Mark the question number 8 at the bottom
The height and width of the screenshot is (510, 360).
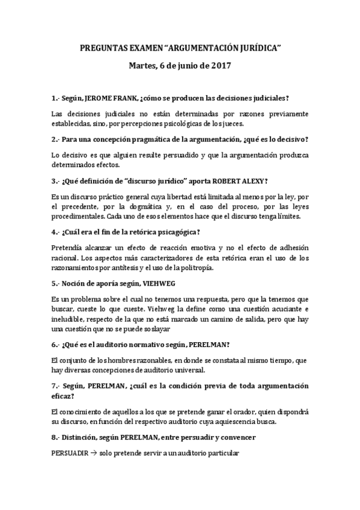(54, 437)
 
